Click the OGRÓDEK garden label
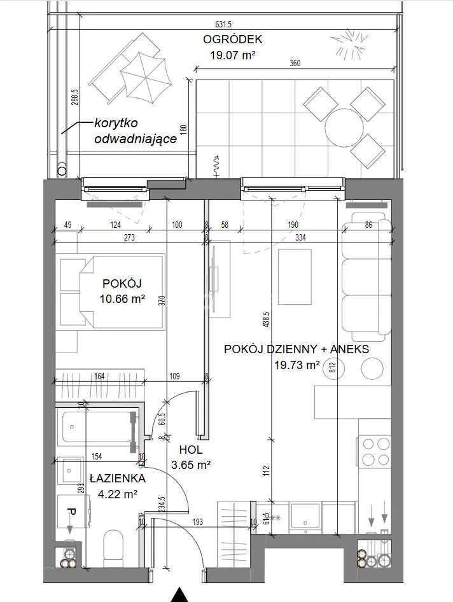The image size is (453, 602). [x=232, y=39]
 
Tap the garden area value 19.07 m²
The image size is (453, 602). [x=233, y=55]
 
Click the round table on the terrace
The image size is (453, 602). [x=344, y=128]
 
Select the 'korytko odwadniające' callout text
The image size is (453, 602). [x=136, y=130]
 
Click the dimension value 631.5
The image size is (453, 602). [x=223, y=25]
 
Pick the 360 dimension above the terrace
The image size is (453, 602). [x=295, y=64]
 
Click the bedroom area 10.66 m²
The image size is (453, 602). [x=122, y=298]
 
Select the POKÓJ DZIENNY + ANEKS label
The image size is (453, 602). [x=296, y=349]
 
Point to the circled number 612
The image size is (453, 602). [x=333, y=368]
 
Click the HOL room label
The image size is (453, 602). [x=191, y=449]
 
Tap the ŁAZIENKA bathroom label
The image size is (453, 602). [x=118, y=479]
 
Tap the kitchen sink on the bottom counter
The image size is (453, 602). [x=305, y=516]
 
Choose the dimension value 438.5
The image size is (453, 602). [x=267, y=319]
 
